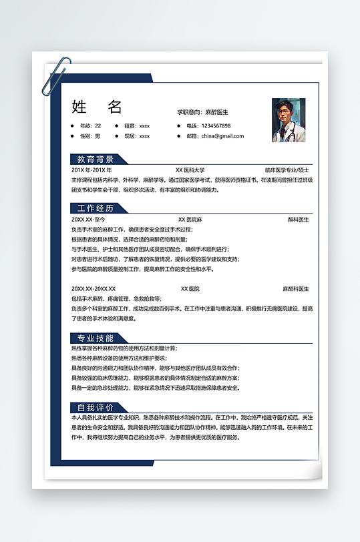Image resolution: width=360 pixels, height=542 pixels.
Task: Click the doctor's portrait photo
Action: click(x=289, y=120)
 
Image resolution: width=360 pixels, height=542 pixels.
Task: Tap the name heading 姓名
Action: click(x=97, y=107)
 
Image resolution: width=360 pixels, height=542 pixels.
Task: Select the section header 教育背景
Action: click(x=96, y=160)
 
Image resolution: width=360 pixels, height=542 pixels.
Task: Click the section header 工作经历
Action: click(x=96, y=209)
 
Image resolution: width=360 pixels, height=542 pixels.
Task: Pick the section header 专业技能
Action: click(x=96, y=338)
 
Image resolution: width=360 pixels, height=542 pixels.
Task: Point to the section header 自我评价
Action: click(x=96, y=407)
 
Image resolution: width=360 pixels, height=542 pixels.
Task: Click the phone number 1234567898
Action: click(x=208, y=125)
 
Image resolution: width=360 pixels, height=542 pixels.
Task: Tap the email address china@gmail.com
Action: click(x=222, y=136)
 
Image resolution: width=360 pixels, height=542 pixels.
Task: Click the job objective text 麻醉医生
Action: click(x=216, y=112)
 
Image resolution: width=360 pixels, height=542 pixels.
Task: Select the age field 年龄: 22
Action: click(x=90, y=125)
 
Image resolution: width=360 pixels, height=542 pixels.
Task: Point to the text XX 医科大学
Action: click(x=190, y=170)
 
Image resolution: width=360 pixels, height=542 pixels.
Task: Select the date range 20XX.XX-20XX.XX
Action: click(x=94, y=289)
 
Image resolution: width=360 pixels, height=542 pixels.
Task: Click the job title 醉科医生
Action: click(x=299, y=219)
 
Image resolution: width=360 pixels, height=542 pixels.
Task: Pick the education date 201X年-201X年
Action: click(x=92, y=170)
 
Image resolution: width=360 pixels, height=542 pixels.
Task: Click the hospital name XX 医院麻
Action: click(x=190, y=219)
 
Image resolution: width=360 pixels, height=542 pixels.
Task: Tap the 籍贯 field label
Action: click(x=130, y=125)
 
